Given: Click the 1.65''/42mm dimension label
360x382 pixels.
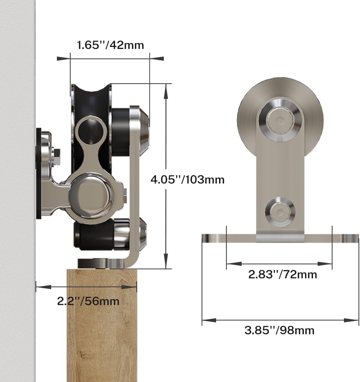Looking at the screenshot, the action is (x=110, y=45).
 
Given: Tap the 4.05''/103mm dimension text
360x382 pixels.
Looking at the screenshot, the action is (x=187, y=180).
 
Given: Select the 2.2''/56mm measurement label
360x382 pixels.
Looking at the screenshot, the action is (x=88, y=301).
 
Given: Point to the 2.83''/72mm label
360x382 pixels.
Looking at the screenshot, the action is (x=283, y=275).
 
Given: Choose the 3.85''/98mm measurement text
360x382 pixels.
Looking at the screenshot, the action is (x=279, y=330).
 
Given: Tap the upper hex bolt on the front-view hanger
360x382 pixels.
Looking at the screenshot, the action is (x=280, y=120).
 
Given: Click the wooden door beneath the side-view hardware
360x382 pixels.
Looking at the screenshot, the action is (x=102, y=325).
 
